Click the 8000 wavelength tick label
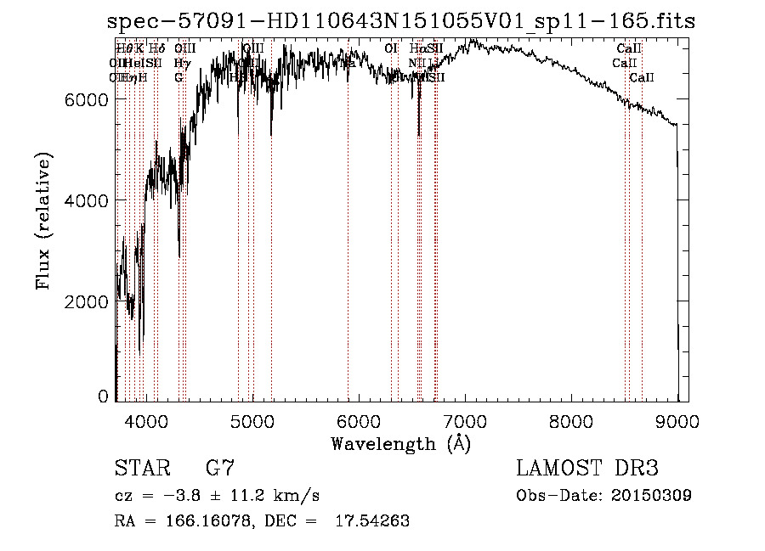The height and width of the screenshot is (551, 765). [571, 420]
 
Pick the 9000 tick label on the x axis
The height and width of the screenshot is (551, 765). [677, 420]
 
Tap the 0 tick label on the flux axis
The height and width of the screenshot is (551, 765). [103, 396]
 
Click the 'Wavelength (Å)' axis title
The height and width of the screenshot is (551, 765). [400, 443]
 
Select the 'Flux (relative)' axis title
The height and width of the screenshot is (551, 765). [43, 222]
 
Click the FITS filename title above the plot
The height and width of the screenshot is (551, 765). [401, 21]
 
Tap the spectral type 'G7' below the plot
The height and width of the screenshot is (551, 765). [219, 468]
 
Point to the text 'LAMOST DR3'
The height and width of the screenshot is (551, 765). [587, 468]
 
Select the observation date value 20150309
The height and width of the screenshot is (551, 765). [650, 495]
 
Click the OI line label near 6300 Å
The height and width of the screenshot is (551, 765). [391, 48]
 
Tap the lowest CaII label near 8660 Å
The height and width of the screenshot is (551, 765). [642, 77]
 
